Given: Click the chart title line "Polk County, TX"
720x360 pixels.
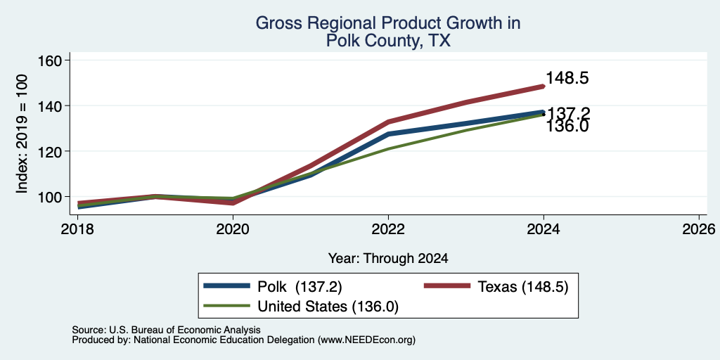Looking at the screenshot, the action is coord(388,41).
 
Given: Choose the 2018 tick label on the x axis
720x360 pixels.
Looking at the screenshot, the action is coord(77,229).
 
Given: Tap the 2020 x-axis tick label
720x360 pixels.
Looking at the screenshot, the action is coord(233,229).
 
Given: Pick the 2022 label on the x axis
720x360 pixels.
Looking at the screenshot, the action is coord(388,229).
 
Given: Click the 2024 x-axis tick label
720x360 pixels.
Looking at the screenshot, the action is coord(544,229).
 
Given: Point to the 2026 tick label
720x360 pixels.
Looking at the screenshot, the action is coord(699,229).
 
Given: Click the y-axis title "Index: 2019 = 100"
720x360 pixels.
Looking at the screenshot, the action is coord(22,134).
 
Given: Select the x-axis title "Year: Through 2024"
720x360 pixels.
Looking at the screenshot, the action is coord(388,259).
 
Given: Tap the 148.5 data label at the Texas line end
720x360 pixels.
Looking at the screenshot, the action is coord(567,78).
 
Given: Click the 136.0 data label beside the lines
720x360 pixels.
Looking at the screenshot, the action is coord(567,127).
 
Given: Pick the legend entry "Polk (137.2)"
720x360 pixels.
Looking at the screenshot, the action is coord(273,287).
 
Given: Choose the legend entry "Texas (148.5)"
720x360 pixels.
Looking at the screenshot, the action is coord(496,287).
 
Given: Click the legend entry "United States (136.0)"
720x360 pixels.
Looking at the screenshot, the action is coord(301,307).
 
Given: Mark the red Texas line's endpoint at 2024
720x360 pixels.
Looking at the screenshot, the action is coord(544,86).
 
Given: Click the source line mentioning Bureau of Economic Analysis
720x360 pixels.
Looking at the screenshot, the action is coord(166,330).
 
